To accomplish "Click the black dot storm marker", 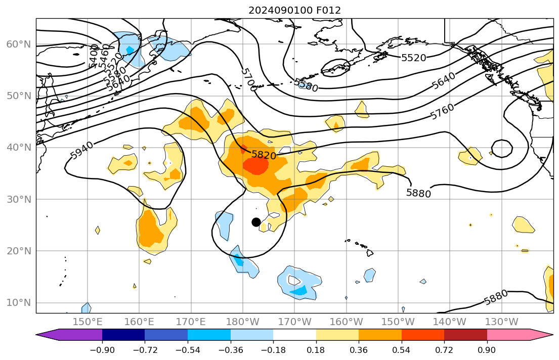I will click(256, 222).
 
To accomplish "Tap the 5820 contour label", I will click(264, 155).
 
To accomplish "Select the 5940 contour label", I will click(82, 151).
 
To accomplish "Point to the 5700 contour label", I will click(248, 80).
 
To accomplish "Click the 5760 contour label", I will click(442, 111).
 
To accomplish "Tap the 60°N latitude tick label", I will click(18, 44).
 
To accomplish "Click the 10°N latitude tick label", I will click(18, 303).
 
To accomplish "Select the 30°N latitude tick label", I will click(18, 199).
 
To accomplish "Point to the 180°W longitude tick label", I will click(243, 322).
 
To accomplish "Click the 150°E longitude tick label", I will click(88, 322).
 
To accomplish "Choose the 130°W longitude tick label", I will click(502, 322).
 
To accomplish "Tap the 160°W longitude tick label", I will click(347, 322).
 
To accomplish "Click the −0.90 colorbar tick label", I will click(102, 349).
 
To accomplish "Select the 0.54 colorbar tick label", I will click(402, 349).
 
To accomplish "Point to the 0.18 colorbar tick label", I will click(316, 349).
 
